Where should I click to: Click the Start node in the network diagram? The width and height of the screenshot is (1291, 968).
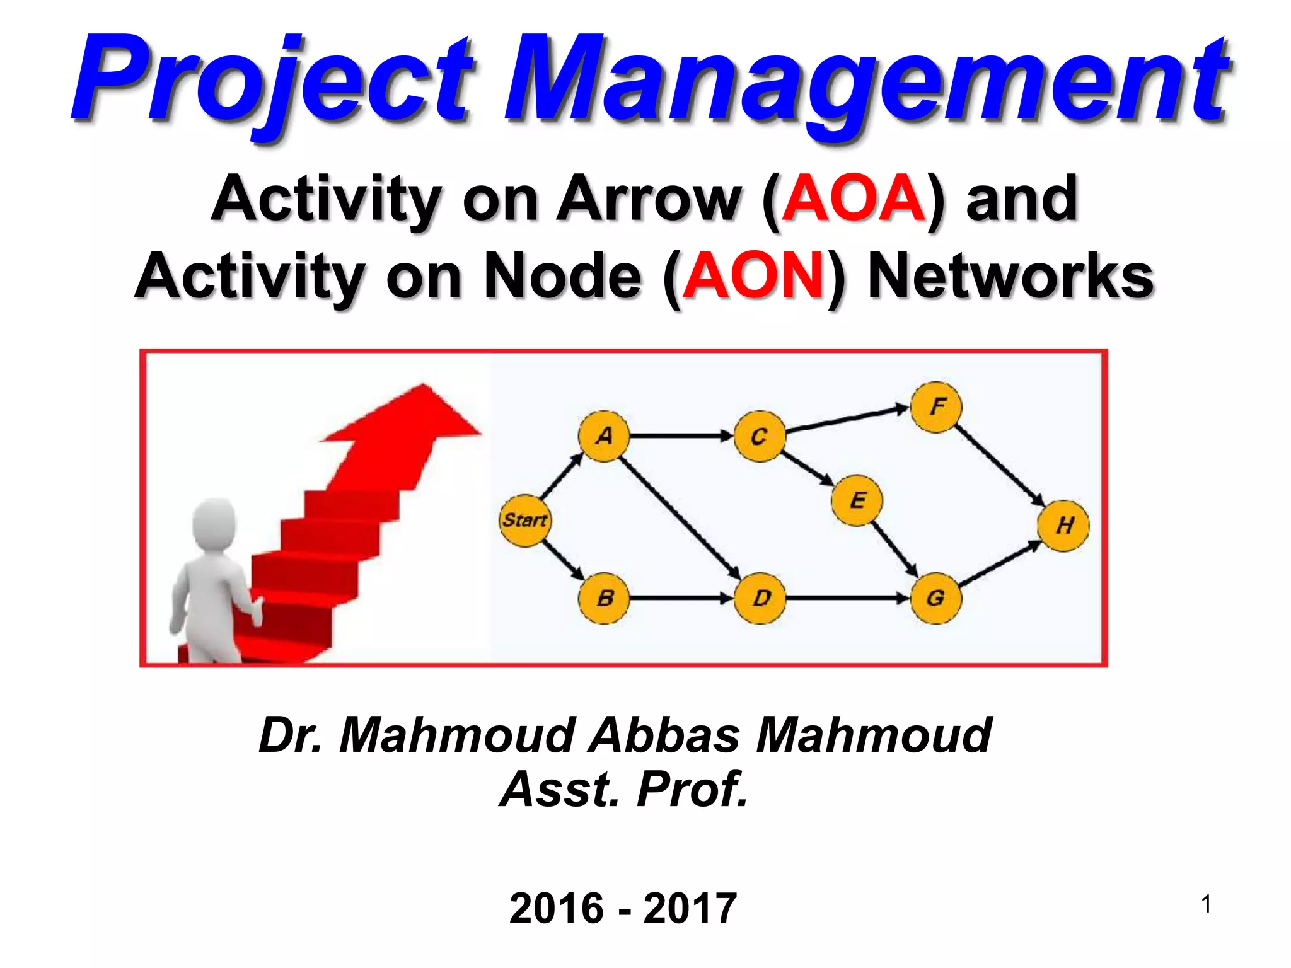pyautogui.click(x=524, y=520)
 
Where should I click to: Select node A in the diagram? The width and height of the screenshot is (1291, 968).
pyautogui.click(x=604, y=436)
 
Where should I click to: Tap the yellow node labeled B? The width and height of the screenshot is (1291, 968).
pyautogui.click(x=604, y=598)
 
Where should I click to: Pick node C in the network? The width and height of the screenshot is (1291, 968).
pyautogui.click(x=760, y=436)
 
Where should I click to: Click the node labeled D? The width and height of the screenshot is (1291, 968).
pyautogui.click(x=761, y=598)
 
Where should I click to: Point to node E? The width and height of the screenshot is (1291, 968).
pyautogui.click(x=857, y=500)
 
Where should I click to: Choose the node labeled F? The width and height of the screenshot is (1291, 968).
pyautogui.click(x=936, y=406)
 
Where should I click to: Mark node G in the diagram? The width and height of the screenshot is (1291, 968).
pyautogui.click(x=936, y=598)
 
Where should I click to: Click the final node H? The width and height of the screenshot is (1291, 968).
pyautogui.click(x=1064, y=526)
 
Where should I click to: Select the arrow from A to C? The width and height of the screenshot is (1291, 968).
pyautogui.click(x=681, y=435)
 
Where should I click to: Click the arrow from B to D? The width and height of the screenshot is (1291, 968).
pyautogui.click(x=681, y=598)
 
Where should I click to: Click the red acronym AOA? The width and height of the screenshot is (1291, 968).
pyautogui.click(x=853, y=199)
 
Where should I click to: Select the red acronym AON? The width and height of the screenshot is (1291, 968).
pyautogui.click(x=753, y=276)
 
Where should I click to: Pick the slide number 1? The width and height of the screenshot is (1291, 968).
pyautogui.click(x=1206, y=904)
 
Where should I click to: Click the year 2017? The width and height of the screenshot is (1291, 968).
pyautogui.click(x=690, y=909)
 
